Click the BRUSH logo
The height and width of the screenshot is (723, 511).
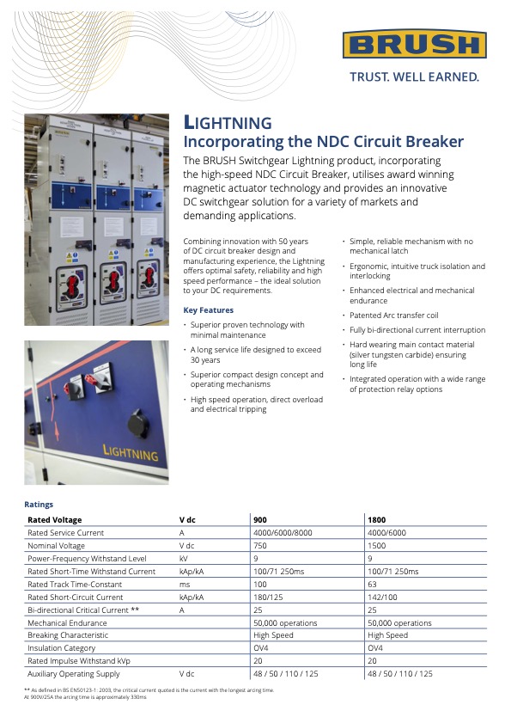coord(414,45)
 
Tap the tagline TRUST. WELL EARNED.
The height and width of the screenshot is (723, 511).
coord(414,77)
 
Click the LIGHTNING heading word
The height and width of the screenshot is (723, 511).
coord(228,123)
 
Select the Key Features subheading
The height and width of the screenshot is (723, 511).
coord(209,310)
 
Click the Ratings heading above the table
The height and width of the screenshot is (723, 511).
coord(39,505)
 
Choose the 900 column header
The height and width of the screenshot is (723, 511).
coord(260,520)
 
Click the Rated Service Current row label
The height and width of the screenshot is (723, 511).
coord(66,533)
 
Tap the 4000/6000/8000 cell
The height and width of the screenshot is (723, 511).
coord(283,533)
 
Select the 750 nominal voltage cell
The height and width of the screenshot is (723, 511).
coord(260,546)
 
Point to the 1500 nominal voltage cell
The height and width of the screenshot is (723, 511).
coord(377,546)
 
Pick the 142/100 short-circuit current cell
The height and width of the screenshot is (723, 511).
coord(383,597)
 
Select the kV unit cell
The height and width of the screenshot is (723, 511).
coord(184,559)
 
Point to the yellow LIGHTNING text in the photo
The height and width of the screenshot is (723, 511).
coord(131,453)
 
